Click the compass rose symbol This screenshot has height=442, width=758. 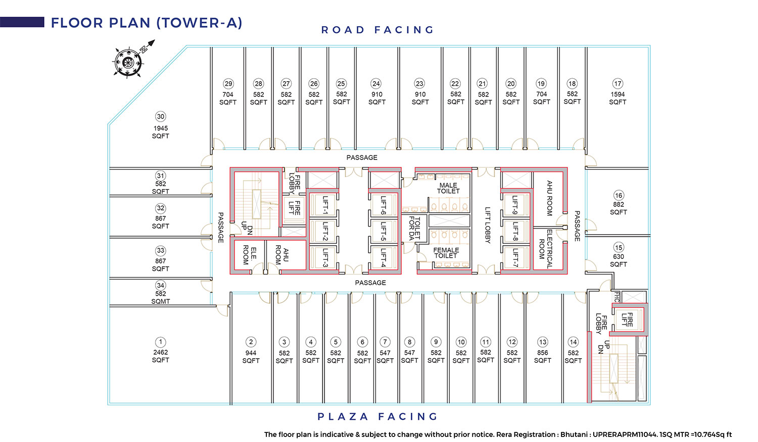128,62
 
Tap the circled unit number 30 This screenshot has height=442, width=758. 161,117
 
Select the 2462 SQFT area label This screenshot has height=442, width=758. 161,356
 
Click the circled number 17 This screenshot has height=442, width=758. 618,84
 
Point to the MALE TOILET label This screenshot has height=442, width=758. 448,188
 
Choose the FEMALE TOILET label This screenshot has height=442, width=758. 446,253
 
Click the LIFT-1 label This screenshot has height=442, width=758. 325,205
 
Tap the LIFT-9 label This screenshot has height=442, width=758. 515,205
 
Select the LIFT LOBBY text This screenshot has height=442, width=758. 488,225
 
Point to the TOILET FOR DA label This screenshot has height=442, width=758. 415,228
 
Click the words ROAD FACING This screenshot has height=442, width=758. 377,30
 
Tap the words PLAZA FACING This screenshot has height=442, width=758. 377,417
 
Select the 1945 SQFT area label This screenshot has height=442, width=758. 161,132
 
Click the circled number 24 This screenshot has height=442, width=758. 376,84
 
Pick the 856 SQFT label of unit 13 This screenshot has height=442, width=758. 542,357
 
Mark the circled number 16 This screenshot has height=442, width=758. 619,195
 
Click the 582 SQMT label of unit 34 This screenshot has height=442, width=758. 161,297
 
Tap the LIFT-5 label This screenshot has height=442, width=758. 384,231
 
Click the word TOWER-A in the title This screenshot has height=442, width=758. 200,23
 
